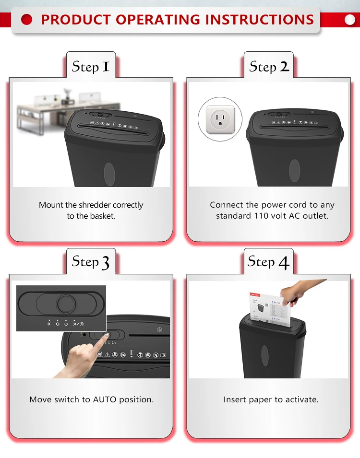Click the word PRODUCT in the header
coord(76,20)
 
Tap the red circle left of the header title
coord(26,20)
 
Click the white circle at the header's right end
coord(350,20)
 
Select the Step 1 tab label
coord(91,67)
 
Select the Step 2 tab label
coord(269,67)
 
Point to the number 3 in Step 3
coord(105,262)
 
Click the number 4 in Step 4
coord(284,262)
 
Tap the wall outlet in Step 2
coord(220,119)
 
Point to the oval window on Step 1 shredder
coord(109,175)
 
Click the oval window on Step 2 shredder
coord(295,171)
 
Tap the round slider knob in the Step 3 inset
coord(66,304)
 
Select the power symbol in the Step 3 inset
coord(66,324)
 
